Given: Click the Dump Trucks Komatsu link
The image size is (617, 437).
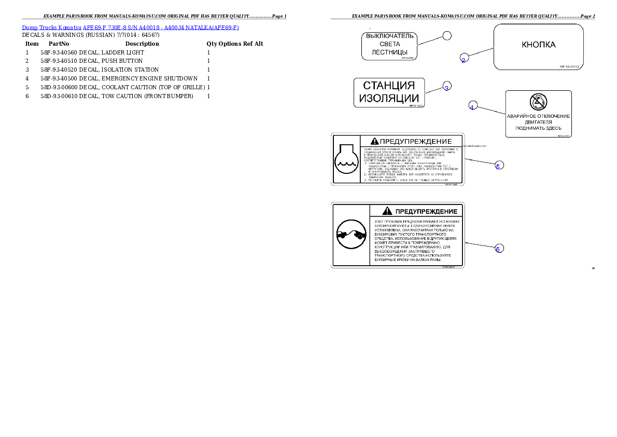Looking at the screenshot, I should [x=130, y=27].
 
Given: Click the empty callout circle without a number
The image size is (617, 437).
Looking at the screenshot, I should [x=447, y=35].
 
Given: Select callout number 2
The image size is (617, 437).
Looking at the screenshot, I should [x=464, y=60].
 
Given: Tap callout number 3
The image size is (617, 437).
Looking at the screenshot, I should [x=446, y=88].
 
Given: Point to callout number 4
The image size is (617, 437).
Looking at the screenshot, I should [x=472, y=106].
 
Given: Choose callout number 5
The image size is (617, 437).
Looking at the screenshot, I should [x=498, y=166].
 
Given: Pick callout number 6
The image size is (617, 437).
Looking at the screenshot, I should [x=498, y=249].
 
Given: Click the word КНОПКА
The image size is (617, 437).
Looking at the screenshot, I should [x=538, y=45].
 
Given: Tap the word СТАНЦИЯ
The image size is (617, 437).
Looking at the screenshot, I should [x=389, y=85].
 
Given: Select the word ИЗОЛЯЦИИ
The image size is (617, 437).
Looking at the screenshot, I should [x=389, y=98].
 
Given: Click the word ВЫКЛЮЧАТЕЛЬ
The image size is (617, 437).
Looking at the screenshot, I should [x=389, y=36].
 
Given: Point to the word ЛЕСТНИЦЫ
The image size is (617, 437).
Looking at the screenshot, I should [x=389, y=52].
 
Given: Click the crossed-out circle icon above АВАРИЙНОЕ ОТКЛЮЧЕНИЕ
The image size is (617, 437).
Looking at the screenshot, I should [x=538, y=101].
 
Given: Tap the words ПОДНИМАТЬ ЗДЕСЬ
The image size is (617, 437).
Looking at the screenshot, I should [x=538, y=128].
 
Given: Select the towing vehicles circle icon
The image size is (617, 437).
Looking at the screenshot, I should [x=350, y=235].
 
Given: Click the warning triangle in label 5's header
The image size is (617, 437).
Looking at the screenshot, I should [x=375, y=141].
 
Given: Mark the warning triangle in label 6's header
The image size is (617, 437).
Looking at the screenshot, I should [x=386, y=211].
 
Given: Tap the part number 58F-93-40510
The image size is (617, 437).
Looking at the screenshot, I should [x=570, y=66].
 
